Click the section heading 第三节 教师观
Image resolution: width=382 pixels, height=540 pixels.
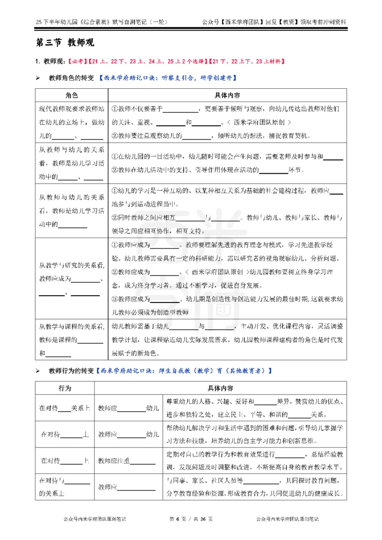[65, 43]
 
